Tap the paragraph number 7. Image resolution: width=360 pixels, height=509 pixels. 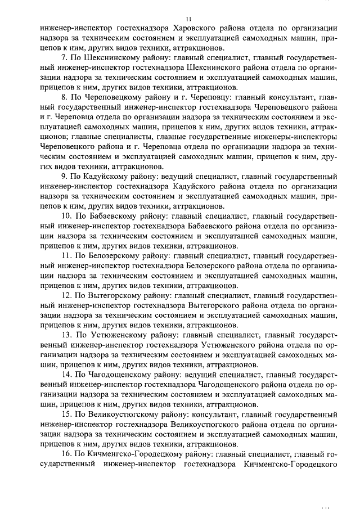[64, 57]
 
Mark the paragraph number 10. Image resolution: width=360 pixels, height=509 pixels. [66, 217]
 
